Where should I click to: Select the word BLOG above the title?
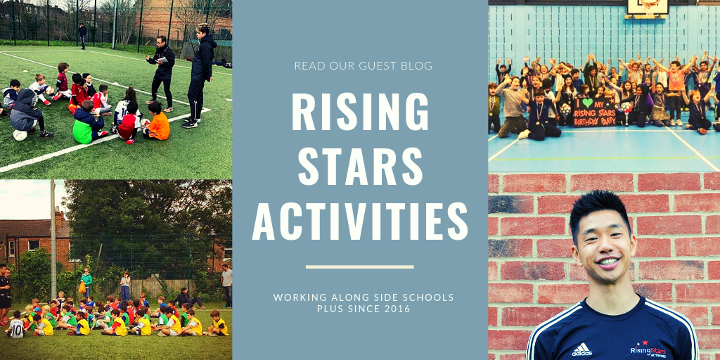point(416,66)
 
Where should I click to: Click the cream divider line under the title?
point(360,266)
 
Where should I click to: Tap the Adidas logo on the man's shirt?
point(581,349)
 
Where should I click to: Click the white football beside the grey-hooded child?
point(20,134)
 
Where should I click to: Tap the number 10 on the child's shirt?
point(16,325)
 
